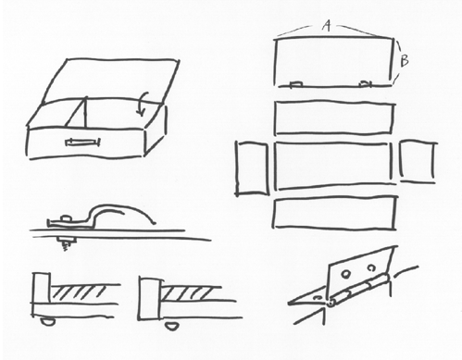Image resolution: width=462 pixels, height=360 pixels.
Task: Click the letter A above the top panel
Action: [x=327, y=25]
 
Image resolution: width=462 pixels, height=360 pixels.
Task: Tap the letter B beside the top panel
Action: [x=405, y=60]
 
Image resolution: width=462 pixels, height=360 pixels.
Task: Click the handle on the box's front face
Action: [x=82, y=142]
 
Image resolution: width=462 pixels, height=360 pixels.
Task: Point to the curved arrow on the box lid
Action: [x=143, y=104]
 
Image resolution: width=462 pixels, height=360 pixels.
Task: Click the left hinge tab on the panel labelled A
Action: [x=296, y=83]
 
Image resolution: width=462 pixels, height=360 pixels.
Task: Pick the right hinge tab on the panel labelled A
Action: [x=366, y=83]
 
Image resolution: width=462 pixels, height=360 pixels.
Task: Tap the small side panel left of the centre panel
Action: [x=252, y=168]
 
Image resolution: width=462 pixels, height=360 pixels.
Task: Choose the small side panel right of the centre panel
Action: [x=418, y=162]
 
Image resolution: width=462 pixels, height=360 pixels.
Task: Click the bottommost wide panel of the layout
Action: [x=334, y=213]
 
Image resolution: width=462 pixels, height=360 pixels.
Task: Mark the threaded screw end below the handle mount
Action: [x=65, y=246]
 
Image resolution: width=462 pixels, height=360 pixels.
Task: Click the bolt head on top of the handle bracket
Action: [x=66, y=218]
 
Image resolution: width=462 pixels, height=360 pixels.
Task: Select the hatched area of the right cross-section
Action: [x=186, y=294]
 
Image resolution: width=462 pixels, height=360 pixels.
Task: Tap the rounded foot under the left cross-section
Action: [x=48, y=322]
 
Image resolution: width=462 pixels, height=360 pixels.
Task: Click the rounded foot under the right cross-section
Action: [x=171, y=326]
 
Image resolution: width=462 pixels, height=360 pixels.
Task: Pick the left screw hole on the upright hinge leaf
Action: [x=346, y=274]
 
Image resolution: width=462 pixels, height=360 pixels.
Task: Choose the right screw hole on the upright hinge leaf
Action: [x=371, y=267]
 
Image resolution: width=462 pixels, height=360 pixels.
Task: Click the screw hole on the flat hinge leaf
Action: [x=317, y=298]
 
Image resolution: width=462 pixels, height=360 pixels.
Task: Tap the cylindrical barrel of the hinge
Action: [x=358, y=291]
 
